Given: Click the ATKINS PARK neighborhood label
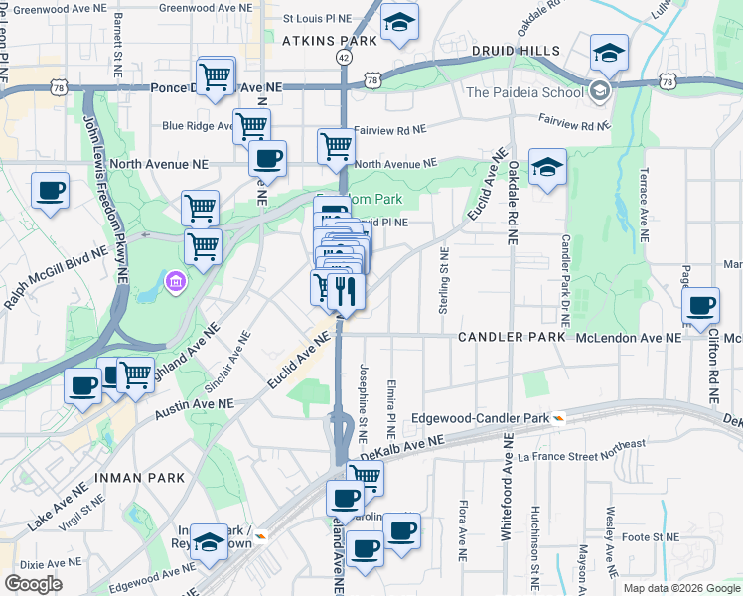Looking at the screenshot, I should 330,41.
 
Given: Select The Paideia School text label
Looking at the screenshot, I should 524,92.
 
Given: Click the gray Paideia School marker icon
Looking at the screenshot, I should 599,92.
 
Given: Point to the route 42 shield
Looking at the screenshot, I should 343,58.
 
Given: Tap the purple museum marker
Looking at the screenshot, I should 176,283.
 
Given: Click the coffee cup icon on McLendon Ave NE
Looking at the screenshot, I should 701,306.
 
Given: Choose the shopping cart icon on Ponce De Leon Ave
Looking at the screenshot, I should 216,75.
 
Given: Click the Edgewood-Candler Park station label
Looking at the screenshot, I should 481,418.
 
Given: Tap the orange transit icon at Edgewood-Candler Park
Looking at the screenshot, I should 560,418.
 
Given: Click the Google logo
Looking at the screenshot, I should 33,584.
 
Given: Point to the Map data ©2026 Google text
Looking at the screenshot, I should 680,588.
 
